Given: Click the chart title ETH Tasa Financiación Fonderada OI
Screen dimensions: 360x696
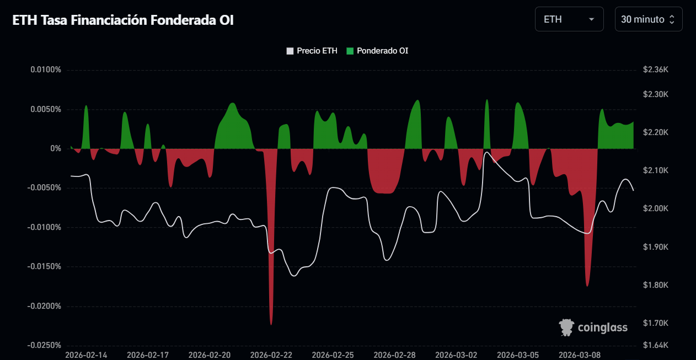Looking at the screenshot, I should pyautogui.click(x=123, y=20).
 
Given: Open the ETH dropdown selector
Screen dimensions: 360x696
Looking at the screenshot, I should pyautogui.click(x=569, y=19).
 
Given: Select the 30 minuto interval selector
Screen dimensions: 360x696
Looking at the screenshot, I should pyautogui.click(x=648, y=19).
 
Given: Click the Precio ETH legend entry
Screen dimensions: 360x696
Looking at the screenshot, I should pyautogui.click(x=312, y=51).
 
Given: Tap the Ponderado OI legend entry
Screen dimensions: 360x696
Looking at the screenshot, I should pyautogui.click(x=378, y=51).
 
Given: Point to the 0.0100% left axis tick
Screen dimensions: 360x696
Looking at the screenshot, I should pyautogui.click(x=46, y=70).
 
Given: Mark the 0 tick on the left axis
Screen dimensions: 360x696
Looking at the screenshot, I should pyautogui.click(x=56, y=149).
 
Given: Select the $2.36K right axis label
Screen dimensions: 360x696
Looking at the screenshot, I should pyautogui.click(x=655, y=70).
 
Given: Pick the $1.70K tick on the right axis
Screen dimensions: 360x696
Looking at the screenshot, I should pyautogui.click(x=655, y=323).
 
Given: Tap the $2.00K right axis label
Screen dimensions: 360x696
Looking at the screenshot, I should pyautogui.click(x=655, y=208).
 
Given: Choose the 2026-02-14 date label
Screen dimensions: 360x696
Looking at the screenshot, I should pyautogui.click(x=86, y=354).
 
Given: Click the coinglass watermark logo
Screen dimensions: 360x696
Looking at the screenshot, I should pyautogui.click(x=593, y=327).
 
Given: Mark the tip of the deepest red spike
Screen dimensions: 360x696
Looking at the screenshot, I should pyautogui.click(x=271, y=324).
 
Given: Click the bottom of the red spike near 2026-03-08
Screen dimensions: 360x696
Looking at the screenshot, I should pyautogui.click(x=587, y=286).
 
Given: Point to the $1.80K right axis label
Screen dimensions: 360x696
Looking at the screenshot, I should pyautogui.click(x=655, y=285).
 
